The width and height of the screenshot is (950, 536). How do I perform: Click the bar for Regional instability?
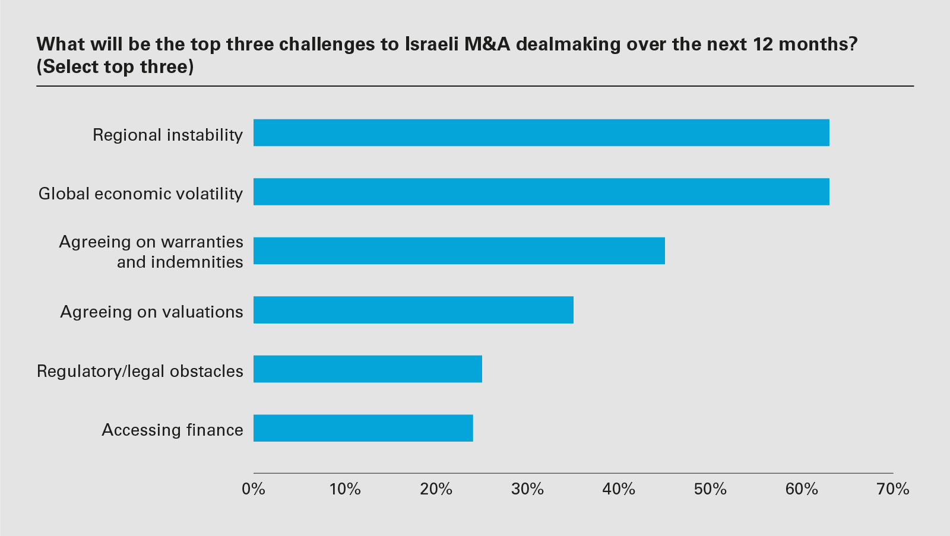541,133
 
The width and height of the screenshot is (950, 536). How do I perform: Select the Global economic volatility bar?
541,192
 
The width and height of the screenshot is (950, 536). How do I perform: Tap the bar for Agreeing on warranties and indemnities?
459,250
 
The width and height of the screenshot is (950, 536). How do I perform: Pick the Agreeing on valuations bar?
413,310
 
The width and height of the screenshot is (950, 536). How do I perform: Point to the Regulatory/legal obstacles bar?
368,369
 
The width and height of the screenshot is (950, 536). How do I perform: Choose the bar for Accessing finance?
363,428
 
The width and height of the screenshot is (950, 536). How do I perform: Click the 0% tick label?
254,489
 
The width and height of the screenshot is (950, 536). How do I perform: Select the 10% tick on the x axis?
345,489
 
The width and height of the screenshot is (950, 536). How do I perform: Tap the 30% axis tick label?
528,489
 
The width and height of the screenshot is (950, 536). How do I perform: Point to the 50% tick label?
710,489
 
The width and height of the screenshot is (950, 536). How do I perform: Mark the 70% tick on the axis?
893,489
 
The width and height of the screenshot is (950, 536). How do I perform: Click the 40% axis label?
619,489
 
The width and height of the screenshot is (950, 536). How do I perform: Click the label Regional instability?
167,135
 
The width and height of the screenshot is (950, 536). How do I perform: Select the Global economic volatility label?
141,194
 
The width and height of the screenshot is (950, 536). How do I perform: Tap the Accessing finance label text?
172,430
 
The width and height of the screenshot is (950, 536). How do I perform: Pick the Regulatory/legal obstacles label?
140,371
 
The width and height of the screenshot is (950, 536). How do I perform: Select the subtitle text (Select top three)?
115,66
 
